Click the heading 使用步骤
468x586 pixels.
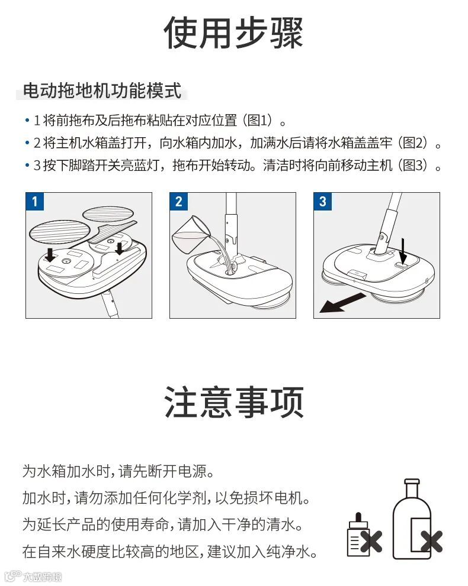233,33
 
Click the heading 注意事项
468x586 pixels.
233,402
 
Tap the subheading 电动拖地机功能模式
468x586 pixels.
102,91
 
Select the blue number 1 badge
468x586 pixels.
35,202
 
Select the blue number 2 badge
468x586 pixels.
178,202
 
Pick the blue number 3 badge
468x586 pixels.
322,202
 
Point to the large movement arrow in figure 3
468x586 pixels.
342,303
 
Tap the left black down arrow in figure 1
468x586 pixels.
50,255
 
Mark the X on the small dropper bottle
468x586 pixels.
371,541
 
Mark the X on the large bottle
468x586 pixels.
432,541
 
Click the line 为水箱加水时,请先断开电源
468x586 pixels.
118,471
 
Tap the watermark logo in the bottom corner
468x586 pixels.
33,577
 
